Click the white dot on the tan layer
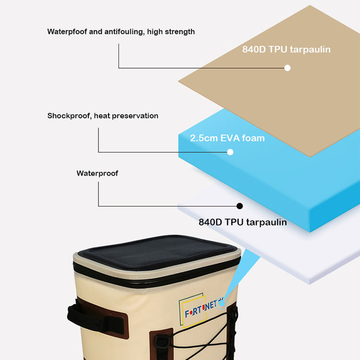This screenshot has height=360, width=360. (288, 68)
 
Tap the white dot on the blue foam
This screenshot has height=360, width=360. (230, 152)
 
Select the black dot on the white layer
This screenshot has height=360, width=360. (240, 206)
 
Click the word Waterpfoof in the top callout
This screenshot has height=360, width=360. (67, 32)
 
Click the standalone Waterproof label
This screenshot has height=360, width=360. (97, 173)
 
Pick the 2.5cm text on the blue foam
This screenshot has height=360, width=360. (203, 138)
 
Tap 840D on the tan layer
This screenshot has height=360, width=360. (257, 49)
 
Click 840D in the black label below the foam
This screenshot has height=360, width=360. (212, 222)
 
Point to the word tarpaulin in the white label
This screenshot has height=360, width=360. (266, 222)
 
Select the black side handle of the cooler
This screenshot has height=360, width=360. (77, 314)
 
